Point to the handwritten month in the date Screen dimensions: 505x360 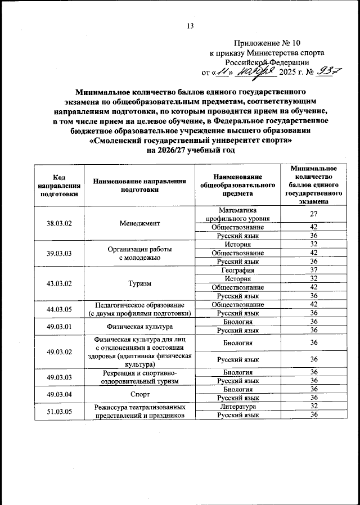[x=254, y=71]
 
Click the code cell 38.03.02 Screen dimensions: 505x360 [x=59, y=223]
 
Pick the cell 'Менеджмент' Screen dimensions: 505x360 [x=139, y=223]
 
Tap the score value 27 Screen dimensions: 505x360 [x=314, y=214]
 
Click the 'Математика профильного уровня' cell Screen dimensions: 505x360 [x=237, y=214]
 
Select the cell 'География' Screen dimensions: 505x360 [x=237, y=270]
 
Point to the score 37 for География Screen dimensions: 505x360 [x=314, y=270]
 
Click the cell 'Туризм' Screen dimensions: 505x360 [x=139, y=283]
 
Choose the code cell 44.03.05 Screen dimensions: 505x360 [x=59, y=309]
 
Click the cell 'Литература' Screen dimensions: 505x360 [x=237, y=406]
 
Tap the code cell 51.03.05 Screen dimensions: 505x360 [x=59, y=411]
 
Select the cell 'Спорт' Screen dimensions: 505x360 [x=139, y=394]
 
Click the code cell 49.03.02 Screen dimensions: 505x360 [x=59, y=351]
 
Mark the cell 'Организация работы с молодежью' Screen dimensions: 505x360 [x=139, y=253]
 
